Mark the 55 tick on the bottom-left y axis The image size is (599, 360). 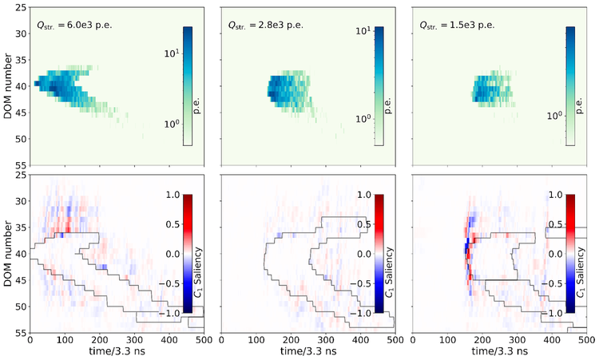(21, 331)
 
